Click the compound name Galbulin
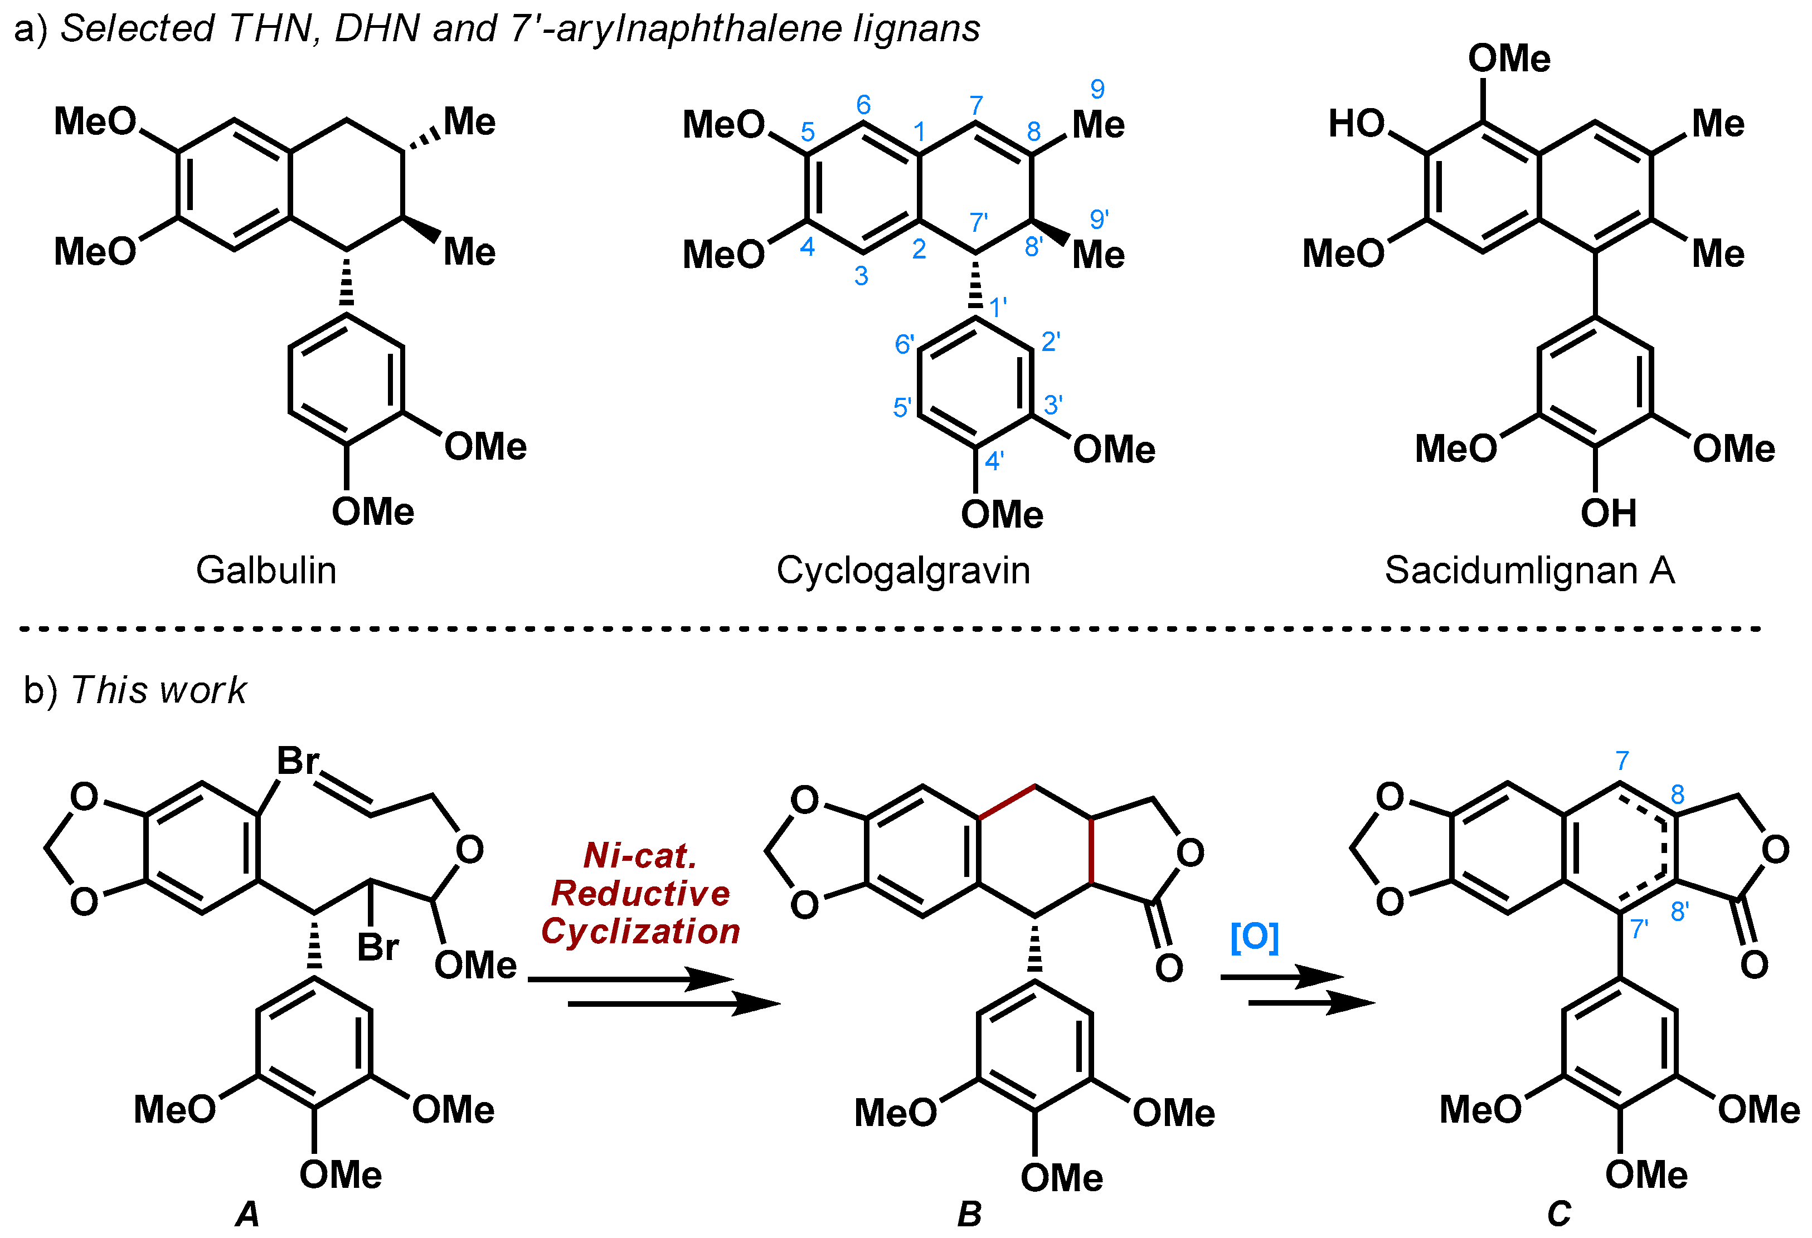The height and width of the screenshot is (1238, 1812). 266,571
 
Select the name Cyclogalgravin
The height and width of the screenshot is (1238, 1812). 903,571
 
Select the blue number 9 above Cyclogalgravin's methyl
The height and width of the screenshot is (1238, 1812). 1097,89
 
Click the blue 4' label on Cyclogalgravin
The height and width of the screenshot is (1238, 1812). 994,461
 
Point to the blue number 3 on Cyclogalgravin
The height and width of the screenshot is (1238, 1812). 861,276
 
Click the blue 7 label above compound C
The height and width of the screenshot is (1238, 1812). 1622,760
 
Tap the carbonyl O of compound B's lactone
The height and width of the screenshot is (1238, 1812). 1169,967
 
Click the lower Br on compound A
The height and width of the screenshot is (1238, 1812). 378,947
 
